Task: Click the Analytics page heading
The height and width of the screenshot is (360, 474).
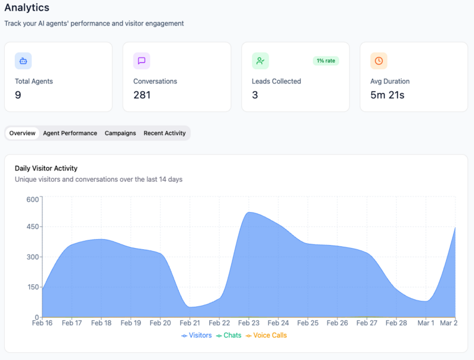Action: [x=27, y=8]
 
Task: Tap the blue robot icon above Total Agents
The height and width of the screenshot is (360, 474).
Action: [x=23, y=60]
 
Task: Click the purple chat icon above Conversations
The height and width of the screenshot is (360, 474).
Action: [x=142, y=60]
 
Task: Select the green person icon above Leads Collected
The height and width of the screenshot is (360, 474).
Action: [x=260, y=60]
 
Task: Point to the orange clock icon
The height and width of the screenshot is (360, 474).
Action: [x=379, y=60]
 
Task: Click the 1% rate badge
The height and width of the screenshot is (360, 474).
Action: [x=326, y=60]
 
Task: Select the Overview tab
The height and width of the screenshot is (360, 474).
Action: [x=22, y=133]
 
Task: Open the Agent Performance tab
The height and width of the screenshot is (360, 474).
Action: [x=70, y=133]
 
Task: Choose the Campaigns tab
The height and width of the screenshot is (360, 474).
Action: [x=120, y=133]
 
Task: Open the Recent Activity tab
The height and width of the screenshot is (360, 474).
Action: [x=165, y=133]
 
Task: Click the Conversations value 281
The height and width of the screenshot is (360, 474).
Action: [x=142, y=95]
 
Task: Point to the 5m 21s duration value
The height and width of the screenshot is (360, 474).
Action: [x=387, y=95]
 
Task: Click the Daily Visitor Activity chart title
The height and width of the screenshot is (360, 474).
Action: [x=46, y=168]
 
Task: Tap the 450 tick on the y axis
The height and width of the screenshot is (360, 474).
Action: [x=33, y=227]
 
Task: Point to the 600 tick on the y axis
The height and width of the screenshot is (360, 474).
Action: [x=33, y=199]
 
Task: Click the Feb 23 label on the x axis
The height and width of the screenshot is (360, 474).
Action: [x=249, y=323]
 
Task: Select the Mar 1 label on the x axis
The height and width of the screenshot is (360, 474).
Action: [x=425, y=323]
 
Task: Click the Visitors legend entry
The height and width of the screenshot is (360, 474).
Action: [x=197, y=335]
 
